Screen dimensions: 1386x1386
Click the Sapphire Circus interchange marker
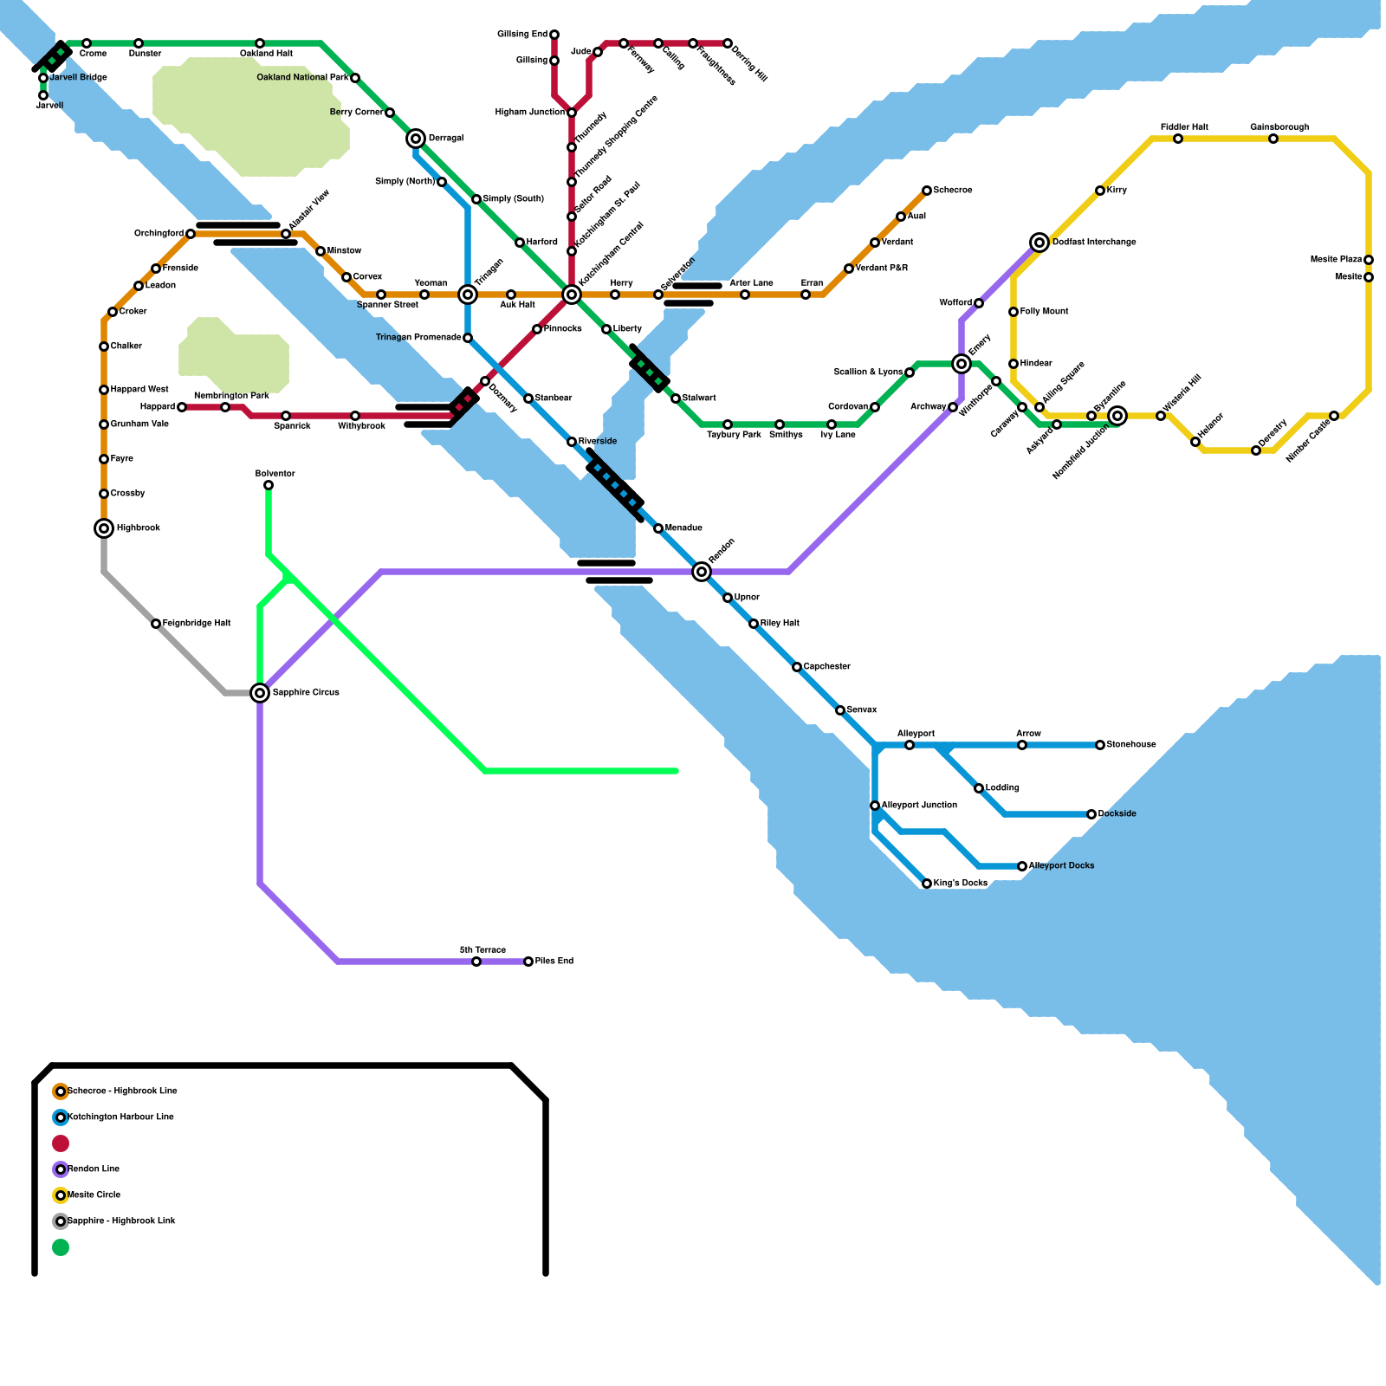point(260,693)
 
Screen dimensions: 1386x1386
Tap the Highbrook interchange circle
point(104,528)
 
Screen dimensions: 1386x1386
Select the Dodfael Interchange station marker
point(1039,243)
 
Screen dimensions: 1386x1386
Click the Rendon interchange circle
point(702,572)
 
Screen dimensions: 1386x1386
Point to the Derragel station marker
point(416,139)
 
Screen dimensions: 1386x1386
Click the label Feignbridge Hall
point(197,624)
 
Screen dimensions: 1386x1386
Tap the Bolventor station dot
point(269,485)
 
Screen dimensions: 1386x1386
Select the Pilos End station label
point(554,962)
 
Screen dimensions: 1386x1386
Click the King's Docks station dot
point(927,884)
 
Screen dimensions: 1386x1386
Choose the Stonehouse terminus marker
point(1100,745)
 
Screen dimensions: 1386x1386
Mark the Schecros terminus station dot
point(927,191)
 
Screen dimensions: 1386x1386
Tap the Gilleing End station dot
point(554,35)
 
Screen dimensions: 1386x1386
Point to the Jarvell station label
point(49,107)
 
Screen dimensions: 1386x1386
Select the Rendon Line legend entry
point(94,1169)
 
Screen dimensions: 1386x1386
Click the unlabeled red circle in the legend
point(61,1143)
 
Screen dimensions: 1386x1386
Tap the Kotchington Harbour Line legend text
point(120,1117)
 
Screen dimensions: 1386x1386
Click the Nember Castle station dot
point(1334,416)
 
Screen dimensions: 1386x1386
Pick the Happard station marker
point(182,407)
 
